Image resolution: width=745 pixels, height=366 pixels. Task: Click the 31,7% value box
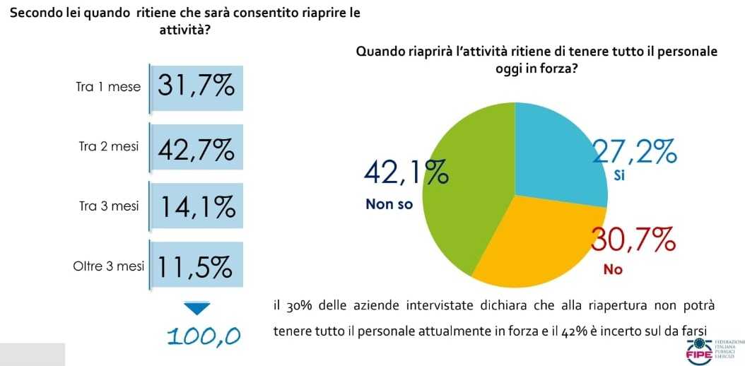[196, 87]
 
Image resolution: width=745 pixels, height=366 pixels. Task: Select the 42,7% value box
[196, 148]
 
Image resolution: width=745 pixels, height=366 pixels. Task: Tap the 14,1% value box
[196, 207]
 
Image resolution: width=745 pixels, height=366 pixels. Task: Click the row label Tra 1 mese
[107, 88]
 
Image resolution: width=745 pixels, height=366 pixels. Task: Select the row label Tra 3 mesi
[109, 206]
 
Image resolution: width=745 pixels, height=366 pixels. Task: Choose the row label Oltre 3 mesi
[108, 266]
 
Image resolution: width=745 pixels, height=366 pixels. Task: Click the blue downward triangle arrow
[196, 308]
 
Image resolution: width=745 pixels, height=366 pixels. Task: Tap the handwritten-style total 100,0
[204, 336]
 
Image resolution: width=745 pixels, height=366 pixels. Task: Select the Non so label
[389, 204]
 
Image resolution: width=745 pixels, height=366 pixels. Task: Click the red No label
[612, 269]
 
